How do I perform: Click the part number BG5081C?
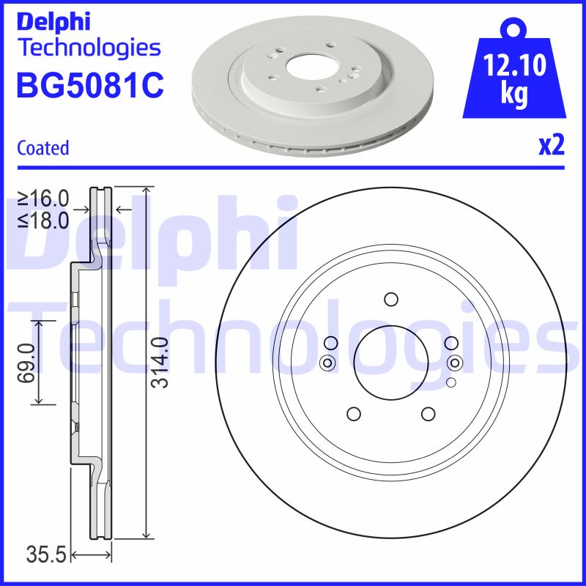(x=89, y=86)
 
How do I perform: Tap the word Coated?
(x=42, y=148)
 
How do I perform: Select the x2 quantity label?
(x=551, y=146)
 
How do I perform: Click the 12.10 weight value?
(x=515, y=68)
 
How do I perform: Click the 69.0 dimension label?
(x=27, y=363)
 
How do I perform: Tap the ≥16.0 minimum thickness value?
(x=43, y=199)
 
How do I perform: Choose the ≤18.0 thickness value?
(x=43, y=219)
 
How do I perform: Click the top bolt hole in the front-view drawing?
(x=390, y=299)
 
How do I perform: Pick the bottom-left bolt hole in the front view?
(x=353, y=414)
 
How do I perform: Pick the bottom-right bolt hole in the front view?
(x=428, y=414)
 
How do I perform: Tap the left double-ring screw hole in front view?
(x=327, y=362)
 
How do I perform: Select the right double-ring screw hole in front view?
(x=454, y=362)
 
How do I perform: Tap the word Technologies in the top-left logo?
(x=88, y=48)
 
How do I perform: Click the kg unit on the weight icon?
(x=515, y=96)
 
